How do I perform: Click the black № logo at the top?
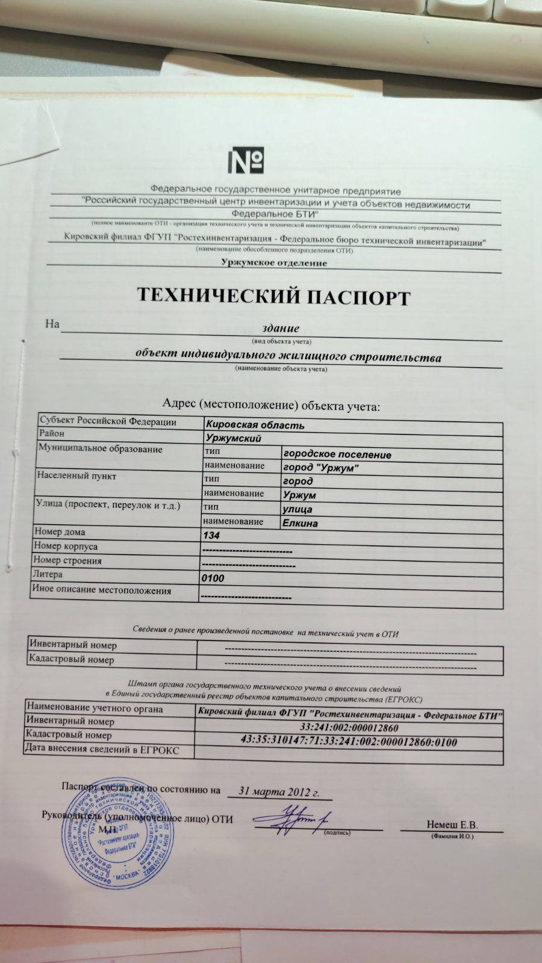tap(246, 160)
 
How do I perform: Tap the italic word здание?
tap(281, 329)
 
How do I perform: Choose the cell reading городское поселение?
tap(337, 454)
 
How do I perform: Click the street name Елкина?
tap(300, 523)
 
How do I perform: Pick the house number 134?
tap(212, 535)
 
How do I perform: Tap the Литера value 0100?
tap(213, 578)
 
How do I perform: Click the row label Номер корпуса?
tap(65, 547)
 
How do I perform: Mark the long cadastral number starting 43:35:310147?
tap(349, 742)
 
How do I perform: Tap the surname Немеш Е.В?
tap(452, 825)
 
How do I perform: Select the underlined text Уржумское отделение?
tap(273, 263)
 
